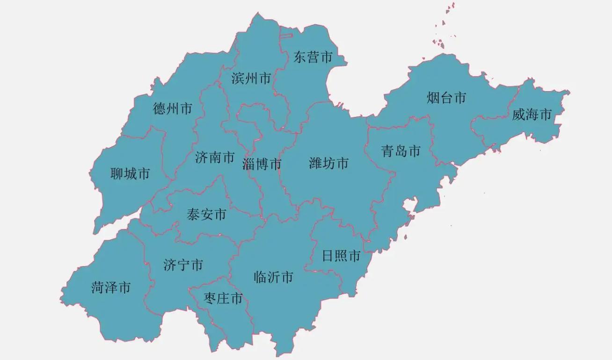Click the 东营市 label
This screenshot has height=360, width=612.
[313, 57]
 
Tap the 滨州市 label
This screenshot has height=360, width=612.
[251, 78]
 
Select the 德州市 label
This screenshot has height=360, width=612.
[173, 109]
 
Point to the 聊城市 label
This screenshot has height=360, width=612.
[130, 174]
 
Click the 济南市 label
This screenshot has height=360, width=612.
[215, 157]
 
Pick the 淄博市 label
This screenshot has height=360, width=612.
[262, 164]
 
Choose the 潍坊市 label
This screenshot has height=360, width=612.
[328, 163]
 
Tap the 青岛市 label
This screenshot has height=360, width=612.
[401, 151]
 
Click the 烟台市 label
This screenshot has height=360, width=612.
[446, 98]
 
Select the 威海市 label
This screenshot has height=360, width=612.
[532, 114]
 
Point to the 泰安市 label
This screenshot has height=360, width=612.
[206, 215]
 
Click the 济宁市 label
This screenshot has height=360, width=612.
[183, 265]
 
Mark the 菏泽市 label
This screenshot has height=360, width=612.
[111, 287]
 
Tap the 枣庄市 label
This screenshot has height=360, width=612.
[224, 298]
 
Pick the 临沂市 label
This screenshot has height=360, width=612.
[273, 277]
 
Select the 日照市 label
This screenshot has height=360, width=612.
[341, 256]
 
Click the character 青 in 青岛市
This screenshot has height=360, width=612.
[387, 151]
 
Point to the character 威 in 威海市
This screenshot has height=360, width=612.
[518, 114]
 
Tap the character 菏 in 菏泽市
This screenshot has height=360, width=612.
[98, 287]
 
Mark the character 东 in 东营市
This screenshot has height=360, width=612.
[299, 57]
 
